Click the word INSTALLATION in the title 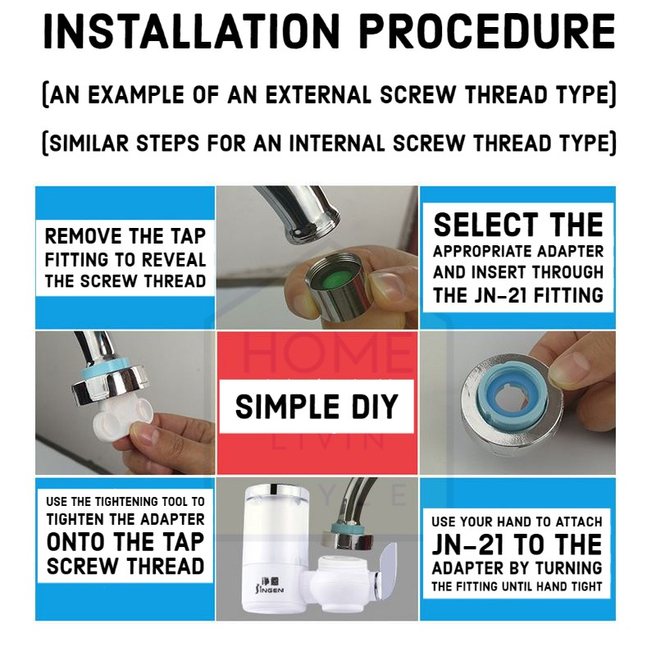tap(192, 32)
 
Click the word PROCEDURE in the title tap(488, 32)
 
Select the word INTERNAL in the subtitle tap(336, 143)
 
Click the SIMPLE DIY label tap(317, 407)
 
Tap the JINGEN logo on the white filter tap(270, 585)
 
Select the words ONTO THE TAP tap(125, 542)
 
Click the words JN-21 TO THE tap(517, 544)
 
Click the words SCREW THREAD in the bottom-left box tap(125, 567)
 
